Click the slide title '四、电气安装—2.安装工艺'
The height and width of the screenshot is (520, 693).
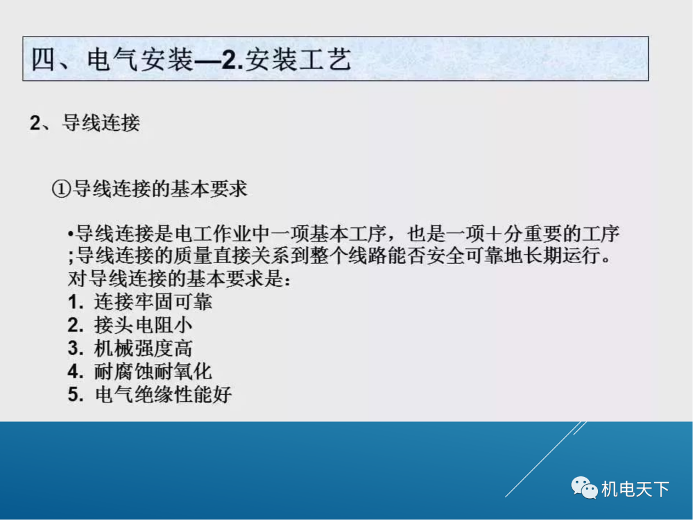pyautogui.click(x=192, y=60)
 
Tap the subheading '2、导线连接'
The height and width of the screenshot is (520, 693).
pyautogui.click(x=85, y=122)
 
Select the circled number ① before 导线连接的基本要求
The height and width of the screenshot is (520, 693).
pyautogui.click(x=60, y=189)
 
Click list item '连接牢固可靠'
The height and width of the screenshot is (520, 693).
pyautogui.click(x=153, y=302)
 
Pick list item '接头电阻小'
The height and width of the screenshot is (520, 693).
pyautogui.click(x=143, y=325)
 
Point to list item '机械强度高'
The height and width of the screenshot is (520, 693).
pyautogui.click(x=143, y=348)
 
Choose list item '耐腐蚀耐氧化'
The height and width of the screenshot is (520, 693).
pyautogui.click(x=153, y=371)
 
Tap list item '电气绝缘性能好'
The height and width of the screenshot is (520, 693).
pyautogui.click(x=162, y=394)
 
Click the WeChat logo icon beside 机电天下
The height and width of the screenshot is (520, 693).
pyautogui.click(x=584, y=489)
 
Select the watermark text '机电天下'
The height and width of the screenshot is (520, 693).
pyautogui.click(x=635, y=490)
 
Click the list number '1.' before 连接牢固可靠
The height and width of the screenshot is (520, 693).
pyautogui.click(x=76, y=302)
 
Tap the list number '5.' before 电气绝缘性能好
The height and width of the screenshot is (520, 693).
pyautogui.click(x=76, y=394)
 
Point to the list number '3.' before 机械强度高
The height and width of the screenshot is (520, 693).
pyautogui.click(x=76, y=348)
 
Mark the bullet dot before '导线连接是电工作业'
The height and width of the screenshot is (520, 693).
pyautogui.click(x=71, y=234)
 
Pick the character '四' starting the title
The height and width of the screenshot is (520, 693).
pyautogui.click(x=44, y=60)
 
